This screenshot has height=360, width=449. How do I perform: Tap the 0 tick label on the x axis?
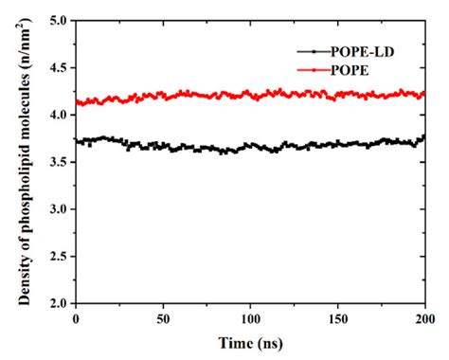pos(77,318)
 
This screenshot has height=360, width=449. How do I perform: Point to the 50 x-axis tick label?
pos(164,318)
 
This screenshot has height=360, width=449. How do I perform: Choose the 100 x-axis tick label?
pos(251,318)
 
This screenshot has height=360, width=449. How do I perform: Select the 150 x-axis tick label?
pos(338,318)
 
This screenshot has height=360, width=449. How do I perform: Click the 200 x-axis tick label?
pos(424,318)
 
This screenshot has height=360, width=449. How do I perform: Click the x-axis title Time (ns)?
pos(250,342)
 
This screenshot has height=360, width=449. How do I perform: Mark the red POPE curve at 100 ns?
pos(251,95)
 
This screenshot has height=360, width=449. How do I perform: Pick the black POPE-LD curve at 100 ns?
pos(251,148)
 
